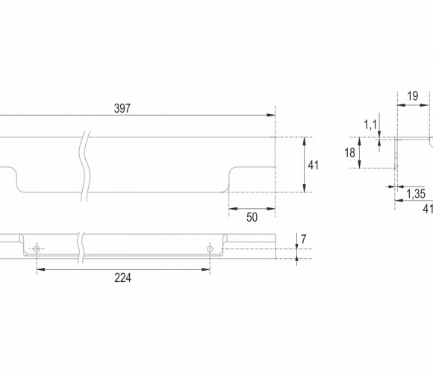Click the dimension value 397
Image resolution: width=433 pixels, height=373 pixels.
pos(122,108)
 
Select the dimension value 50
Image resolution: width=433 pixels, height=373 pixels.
pos(252,217)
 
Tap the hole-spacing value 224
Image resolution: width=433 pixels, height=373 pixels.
pos(123,278)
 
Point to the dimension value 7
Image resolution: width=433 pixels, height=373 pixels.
pos(304,239)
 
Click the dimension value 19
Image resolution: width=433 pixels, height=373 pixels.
pos(413,96)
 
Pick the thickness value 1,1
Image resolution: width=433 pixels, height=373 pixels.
pos(370,125)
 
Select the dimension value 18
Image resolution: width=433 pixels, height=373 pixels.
pos(350,153)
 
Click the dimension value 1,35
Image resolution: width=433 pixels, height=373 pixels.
pos(416,194)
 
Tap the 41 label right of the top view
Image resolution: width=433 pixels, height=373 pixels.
pos(313,166)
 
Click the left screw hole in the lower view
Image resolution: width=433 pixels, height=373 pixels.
pos(37,249)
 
